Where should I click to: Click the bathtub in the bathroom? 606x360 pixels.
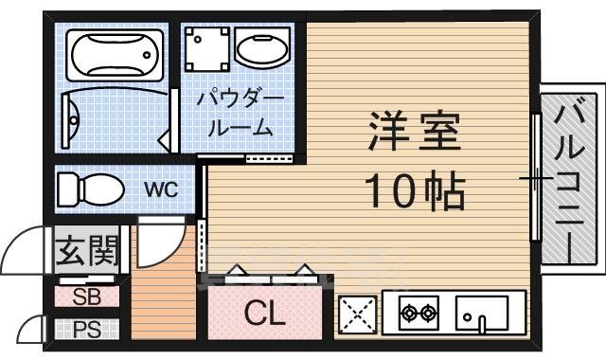[x=115, y=55]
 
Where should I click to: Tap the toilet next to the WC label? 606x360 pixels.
[x=91, y=189]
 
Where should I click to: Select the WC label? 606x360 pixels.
[x=161, y=189]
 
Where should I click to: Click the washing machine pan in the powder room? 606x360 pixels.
[x=206, y=49]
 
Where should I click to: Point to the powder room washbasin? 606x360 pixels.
[x=262, y=48]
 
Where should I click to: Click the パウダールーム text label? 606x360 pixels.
[x=240, y=115]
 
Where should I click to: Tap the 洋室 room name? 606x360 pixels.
[x=415, y=131]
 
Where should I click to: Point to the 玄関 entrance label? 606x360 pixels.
[x=86, y=250]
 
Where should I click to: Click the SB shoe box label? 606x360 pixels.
[x=87, y=297]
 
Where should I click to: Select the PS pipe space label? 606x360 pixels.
[x=87, y=330]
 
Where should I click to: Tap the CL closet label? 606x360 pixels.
[x=265, y=314]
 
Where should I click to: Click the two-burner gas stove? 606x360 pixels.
[x=419, y=313]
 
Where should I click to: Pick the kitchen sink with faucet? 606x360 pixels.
[x=482, y=314]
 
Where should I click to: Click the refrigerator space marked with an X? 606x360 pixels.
[x=358, y=315]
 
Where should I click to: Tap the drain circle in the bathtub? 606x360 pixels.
[x=147, y=55]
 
